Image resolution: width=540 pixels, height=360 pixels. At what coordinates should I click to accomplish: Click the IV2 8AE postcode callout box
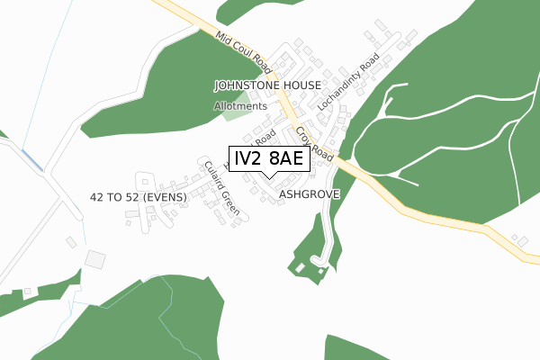click(270, 159)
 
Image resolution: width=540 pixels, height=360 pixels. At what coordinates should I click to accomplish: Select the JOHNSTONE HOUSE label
click(267, 85)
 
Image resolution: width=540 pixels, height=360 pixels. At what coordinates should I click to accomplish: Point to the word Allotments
click(240, 106)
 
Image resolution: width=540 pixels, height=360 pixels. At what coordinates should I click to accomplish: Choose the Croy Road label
click(314, 145)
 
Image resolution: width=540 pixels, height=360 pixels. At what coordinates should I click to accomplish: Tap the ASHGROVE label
click(307, 193)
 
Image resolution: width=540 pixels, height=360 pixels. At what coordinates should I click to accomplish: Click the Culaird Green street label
click(221, 186)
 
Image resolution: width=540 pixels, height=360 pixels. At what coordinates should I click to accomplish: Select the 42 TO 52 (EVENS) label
click(138, 197)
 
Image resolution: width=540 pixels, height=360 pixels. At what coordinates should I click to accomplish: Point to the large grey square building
click(95, 259)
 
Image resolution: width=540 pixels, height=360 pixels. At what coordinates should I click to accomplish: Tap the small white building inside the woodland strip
click(299, 267)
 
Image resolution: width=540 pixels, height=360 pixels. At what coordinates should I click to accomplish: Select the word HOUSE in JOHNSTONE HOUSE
click(301, 85)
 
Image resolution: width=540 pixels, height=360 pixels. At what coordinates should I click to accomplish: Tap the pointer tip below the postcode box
click(270, 177)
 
